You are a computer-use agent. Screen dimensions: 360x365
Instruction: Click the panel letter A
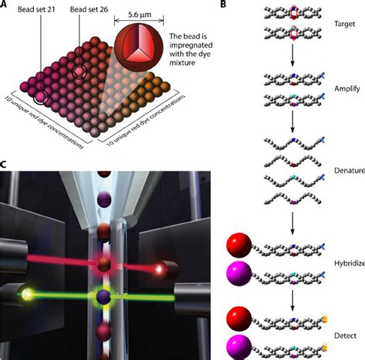(x=5, y=5)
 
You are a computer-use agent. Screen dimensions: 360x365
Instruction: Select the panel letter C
(x=5, y=165)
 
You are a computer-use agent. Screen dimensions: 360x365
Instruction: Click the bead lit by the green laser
(x=105, y=296)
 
